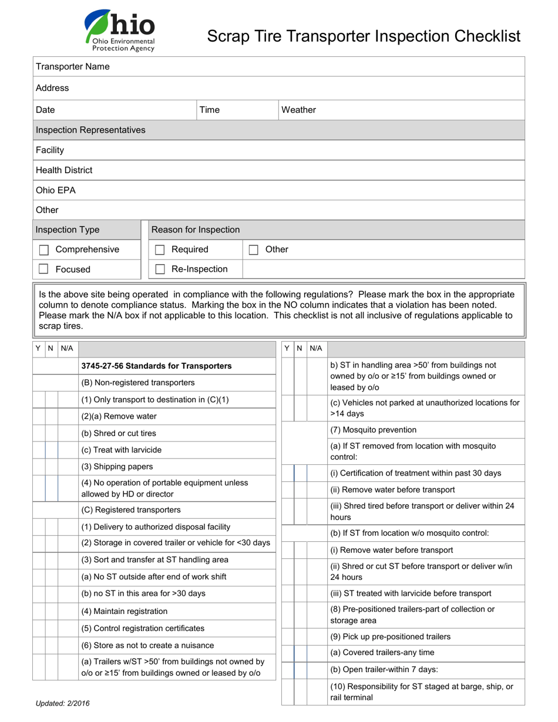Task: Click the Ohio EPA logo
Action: click(x=119, y=31)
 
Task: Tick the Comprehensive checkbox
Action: click(x=43, y=250)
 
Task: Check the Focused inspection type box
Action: click(x=43, y=269)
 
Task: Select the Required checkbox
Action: click(x=160, y=250)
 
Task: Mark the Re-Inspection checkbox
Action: click(x=160, y=269)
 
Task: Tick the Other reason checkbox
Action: click(x=254, y=250)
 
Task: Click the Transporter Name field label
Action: click(x=72, y=66)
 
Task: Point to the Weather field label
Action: click(x=298, y=110)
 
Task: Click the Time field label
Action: click(x=210, y=110)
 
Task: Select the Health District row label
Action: click(x=64, y=170)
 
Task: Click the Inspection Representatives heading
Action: click(x=90, y=130)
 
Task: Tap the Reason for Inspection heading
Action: click(x=196, y=230)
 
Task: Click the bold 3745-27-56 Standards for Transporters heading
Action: click(x=156, y=366)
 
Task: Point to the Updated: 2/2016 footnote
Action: click(x=63, y=703)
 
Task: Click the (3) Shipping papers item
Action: click(x=117, y=467)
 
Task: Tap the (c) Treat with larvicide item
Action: click(x=121, y=450)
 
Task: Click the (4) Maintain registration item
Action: click(x=125, y=611)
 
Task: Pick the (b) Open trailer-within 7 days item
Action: click(x=384, y=669)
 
